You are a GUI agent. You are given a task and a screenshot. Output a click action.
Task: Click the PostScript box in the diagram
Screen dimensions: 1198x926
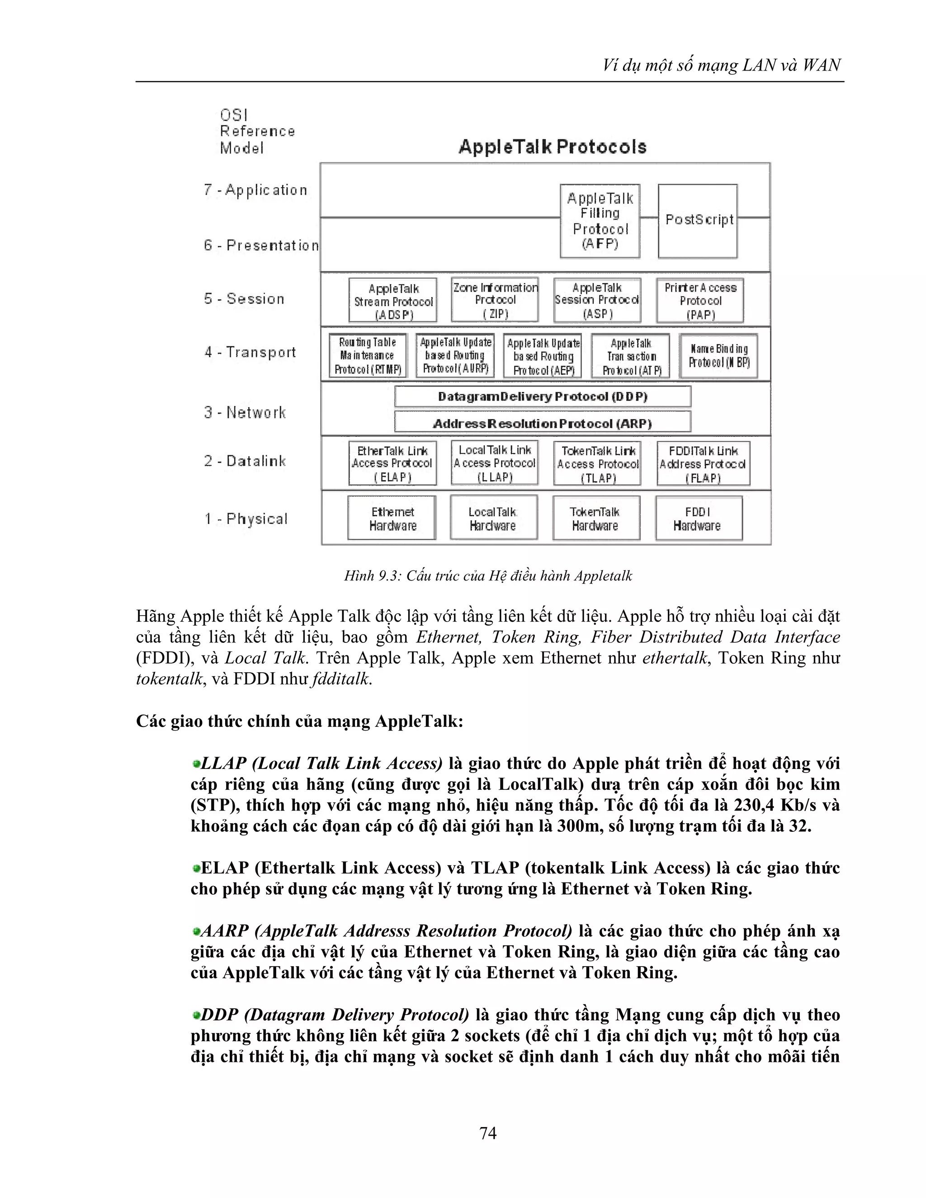tap(697, 221)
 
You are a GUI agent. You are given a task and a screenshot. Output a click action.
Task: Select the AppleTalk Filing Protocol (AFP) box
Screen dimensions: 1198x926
tap(600, 221)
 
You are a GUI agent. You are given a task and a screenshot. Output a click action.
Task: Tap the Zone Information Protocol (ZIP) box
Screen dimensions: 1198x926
tap(495, 300)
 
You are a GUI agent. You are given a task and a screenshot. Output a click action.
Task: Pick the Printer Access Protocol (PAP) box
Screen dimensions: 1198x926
tap(700, 300)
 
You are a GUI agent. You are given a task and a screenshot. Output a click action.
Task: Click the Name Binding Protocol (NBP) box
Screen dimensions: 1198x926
tap(718, 356)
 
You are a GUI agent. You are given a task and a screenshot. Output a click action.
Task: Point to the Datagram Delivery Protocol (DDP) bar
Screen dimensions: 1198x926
tap(543, 396)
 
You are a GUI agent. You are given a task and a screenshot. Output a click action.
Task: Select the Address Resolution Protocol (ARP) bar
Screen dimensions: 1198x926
tap(543, 423)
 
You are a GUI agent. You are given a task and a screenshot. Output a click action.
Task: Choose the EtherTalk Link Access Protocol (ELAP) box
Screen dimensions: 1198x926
tap(392, 463)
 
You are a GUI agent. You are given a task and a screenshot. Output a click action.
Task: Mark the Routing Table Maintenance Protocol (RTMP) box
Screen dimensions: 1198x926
tap(368, 356)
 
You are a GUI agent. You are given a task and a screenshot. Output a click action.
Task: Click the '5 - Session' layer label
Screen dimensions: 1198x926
tap(244, 299)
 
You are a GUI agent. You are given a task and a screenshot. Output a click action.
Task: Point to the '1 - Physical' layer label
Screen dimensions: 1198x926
tap(246, 519)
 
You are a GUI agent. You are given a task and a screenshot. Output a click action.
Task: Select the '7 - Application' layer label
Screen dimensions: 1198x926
tap(255, 190)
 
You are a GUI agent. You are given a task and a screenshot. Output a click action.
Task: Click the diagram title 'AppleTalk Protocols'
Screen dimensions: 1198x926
tap(553, 147)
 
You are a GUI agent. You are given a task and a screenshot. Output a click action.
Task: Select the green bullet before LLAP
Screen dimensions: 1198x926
tap(196, 764)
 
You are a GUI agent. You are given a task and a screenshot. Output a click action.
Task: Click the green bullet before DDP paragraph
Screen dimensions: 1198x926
tap(196, 1015)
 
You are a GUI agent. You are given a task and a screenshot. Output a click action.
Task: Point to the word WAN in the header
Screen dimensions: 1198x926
tap(821, 65)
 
